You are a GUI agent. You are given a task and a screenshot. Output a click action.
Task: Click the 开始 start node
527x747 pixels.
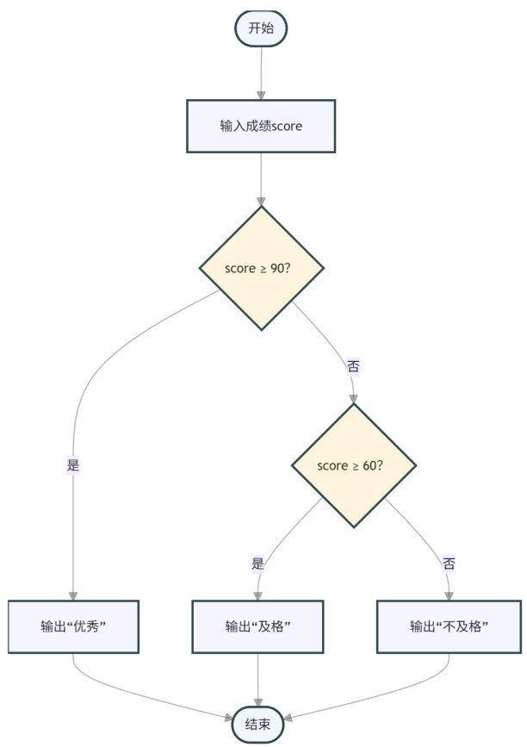click(260, 28)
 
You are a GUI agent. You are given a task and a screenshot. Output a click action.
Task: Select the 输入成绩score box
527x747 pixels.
click(260, 126)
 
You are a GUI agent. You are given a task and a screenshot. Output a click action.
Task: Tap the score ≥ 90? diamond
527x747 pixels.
click(261, 268)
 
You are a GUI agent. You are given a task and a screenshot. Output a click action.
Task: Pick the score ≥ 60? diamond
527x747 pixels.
click(353, 466)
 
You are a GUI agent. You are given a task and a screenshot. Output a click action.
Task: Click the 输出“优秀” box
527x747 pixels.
click(73, 626)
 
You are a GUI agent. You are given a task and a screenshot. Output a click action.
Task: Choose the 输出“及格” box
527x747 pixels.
click(257, 626)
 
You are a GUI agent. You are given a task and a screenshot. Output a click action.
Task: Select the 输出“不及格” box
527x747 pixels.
click(449, 626)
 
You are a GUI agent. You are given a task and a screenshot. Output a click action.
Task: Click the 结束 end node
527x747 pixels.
click(258, 724)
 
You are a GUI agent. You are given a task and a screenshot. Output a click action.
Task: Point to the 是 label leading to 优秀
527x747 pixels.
click(73, 466)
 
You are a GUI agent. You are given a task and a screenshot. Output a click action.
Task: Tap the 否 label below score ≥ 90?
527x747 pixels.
click(353, 366)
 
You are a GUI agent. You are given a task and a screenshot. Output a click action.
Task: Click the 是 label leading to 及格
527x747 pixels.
click(257, 564)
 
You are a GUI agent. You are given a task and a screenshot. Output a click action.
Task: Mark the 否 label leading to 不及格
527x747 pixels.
click(449, 564)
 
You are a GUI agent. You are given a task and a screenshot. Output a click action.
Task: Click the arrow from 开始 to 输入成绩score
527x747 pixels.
click(260, 73)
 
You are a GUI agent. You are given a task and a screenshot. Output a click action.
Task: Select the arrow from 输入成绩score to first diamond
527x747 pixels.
click(260, 179)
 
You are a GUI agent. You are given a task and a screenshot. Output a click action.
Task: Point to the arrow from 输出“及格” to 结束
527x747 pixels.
click(258, 681)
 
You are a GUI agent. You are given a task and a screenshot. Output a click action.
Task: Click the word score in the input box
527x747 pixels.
click(287, 127)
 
